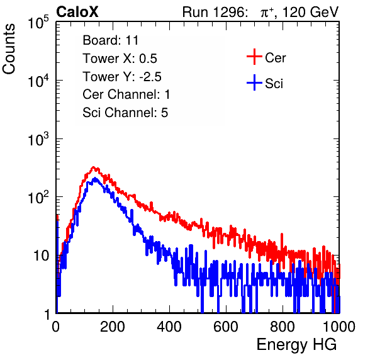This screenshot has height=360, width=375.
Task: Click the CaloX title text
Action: point(77,12)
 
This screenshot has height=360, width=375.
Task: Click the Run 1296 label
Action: point(215,12)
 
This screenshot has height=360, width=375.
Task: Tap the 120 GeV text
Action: point(311,12)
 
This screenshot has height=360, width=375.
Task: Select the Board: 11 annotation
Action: point(111,40)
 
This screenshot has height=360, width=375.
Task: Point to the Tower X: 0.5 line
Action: point(120,59)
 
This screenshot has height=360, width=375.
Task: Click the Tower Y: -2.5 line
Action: point(122,77)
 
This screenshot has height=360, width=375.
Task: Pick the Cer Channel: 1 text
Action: point(126,94)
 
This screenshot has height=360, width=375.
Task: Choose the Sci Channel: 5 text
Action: point(125,113)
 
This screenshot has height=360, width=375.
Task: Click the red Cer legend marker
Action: point(254,57)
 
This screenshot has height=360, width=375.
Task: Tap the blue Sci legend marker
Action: point(254,82)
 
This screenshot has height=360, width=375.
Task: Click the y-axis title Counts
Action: point(9,49)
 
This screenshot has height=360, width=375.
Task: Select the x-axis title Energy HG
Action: point(296,345)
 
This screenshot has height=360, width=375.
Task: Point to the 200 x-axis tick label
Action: point(113,327)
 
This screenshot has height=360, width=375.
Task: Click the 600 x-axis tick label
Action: point(226,327)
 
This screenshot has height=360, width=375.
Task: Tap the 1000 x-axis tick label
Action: point(339,327)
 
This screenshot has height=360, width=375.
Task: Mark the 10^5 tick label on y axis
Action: point(38,23)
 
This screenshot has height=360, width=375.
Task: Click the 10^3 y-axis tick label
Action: point(38,139)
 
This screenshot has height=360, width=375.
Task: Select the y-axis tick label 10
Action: point(41,256)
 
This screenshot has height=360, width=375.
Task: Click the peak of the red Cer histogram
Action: point(94,167)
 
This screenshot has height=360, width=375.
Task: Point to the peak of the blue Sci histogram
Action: point(95,178)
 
